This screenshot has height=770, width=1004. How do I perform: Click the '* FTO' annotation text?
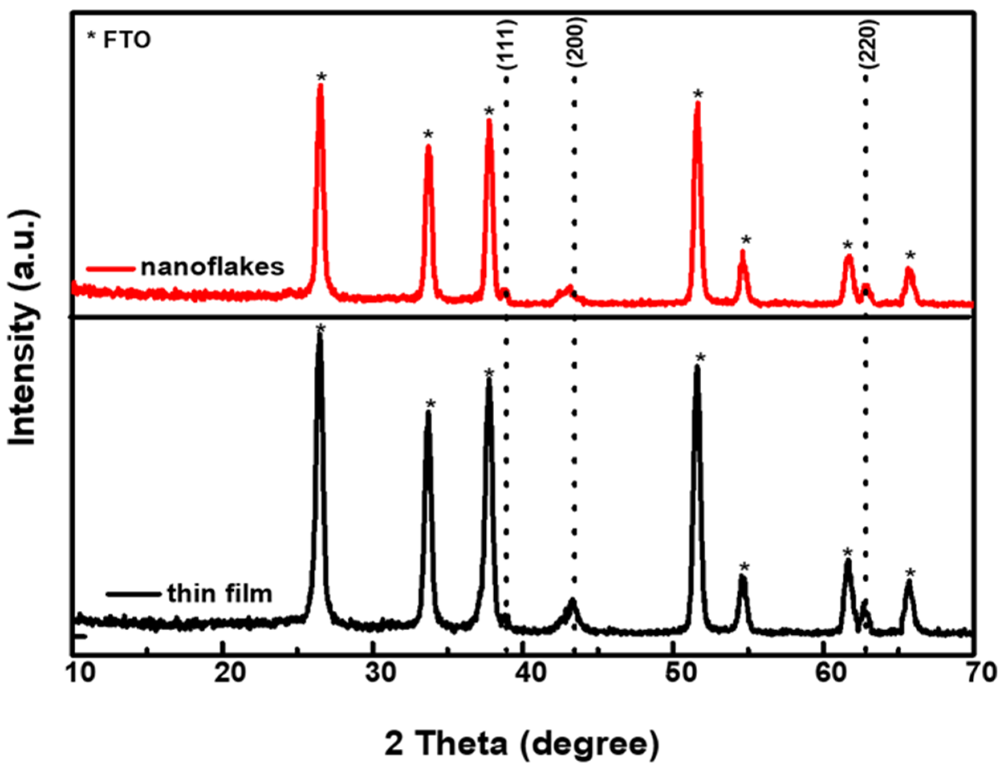click(119, 41)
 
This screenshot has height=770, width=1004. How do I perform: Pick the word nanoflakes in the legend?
click(213, 267)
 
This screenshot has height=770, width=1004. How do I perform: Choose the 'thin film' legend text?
click(220, 594)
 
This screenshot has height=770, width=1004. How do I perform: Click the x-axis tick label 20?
click(223, 672)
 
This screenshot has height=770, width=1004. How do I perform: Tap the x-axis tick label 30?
click(373, 672)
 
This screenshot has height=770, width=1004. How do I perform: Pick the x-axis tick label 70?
click(974, 672)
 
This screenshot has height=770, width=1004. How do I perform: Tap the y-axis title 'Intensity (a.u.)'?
click(23, 328)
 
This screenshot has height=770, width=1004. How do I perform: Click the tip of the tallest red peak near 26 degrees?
click(320, 85)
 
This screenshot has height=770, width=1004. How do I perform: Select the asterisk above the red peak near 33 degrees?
click(428, 135)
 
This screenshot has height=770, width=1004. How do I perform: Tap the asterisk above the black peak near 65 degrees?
click(910, 573)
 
